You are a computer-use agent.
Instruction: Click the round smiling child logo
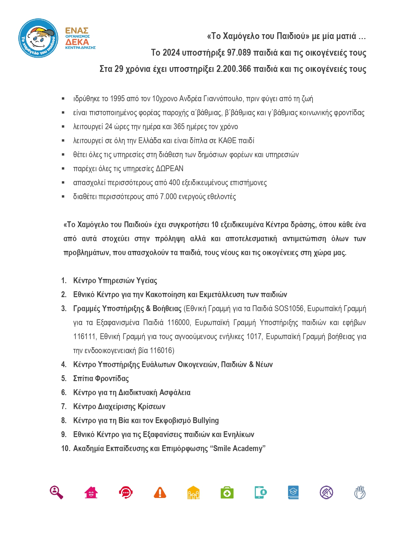coord(38,38)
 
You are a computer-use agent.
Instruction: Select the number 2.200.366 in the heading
coord(233,69)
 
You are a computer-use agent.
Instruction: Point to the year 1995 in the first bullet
coord(118,99)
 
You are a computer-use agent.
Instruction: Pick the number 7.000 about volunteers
coord(170,197)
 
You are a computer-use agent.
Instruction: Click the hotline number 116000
coord(178,323)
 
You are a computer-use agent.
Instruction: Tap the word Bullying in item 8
coord(205,420)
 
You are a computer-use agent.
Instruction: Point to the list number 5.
coord(64,379)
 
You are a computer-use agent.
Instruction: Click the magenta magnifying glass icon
coord(56,492)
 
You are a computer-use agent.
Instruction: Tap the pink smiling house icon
coord(91,492)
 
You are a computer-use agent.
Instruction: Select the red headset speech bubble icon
coord(126,492)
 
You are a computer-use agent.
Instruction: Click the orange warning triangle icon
coord(160,492)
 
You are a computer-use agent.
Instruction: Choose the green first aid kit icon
coord(227,492)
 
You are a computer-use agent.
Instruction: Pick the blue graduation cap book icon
coord(293,492)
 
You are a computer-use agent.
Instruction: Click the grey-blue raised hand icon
coord(360,492)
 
